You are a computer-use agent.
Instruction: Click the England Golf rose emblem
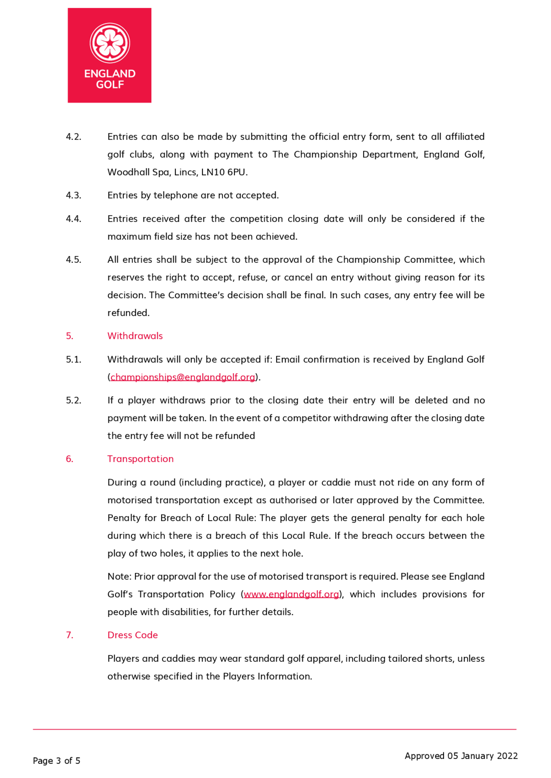(110, 43)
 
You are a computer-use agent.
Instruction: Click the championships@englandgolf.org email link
(183, 377)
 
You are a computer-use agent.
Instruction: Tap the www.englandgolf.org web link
(291, 594)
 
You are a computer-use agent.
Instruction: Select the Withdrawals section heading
(135, 336)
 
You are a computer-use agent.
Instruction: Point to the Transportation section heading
(141, 459)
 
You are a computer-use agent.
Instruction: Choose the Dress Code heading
(133, 635)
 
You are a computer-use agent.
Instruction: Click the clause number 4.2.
(74, 137)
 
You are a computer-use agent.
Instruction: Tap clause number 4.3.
(74, 195)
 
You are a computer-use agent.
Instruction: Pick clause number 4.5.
(74, 260)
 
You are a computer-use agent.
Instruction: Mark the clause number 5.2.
(74, 400)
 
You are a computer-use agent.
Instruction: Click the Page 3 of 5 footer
(56, 761)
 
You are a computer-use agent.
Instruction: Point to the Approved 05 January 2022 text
(461, 756)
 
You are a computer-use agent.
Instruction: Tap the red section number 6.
(69, 459)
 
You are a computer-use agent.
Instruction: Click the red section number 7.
(69, 635)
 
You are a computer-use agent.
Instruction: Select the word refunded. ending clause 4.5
(128, 313)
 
